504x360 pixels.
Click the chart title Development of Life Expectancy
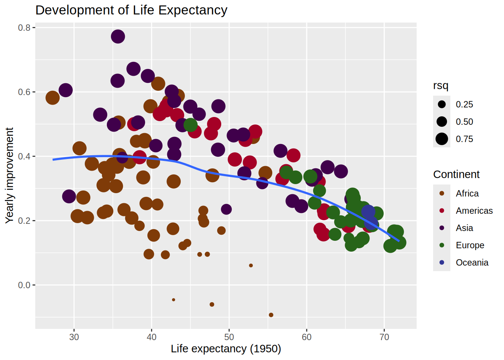pos(131,10)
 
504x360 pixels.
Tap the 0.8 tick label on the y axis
pos(24,28)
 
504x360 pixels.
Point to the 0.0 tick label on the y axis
pos(24,285)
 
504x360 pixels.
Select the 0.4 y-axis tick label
pos(24,156)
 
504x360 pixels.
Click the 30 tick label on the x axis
pos(74,337)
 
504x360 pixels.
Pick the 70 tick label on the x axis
pos(384,337)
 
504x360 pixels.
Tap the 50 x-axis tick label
pos(229,337)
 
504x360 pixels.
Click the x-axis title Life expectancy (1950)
pos(226,349)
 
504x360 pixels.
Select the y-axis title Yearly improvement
pos(9,175)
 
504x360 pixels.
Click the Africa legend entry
pos(467,193)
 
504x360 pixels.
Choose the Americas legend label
pos(474,211)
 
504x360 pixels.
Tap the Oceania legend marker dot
pos(442,262)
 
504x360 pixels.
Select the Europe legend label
pos(470,245)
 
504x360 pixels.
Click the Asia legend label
pos(464,228)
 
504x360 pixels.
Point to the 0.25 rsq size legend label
pos(464,105)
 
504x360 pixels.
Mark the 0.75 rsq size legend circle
pos(442,139)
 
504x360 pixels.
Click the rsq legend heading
pos(441,86)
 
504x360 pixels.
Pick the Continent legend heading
pos(456,174)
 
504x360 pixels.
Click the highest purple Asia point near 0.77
pos(118,36)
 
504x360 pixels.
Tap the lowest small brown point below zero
pos(271,315)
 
